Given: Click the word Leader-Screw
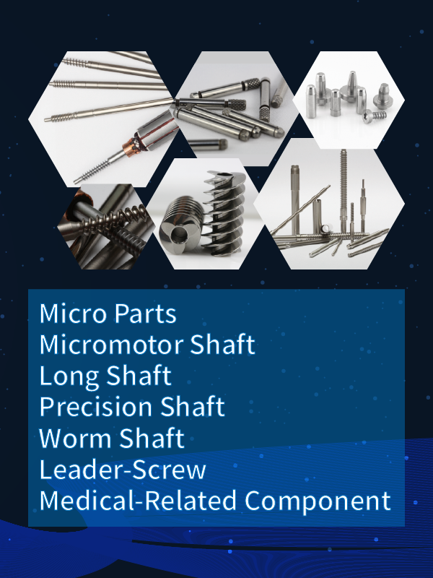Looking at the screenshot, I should point(123,470).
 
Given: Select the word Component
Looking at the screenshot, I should point(318,500).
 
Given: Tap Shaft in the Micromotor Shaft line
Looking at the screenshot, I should point(222,345).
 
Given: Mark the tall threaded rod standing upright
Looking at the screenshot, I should point(342,181).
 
